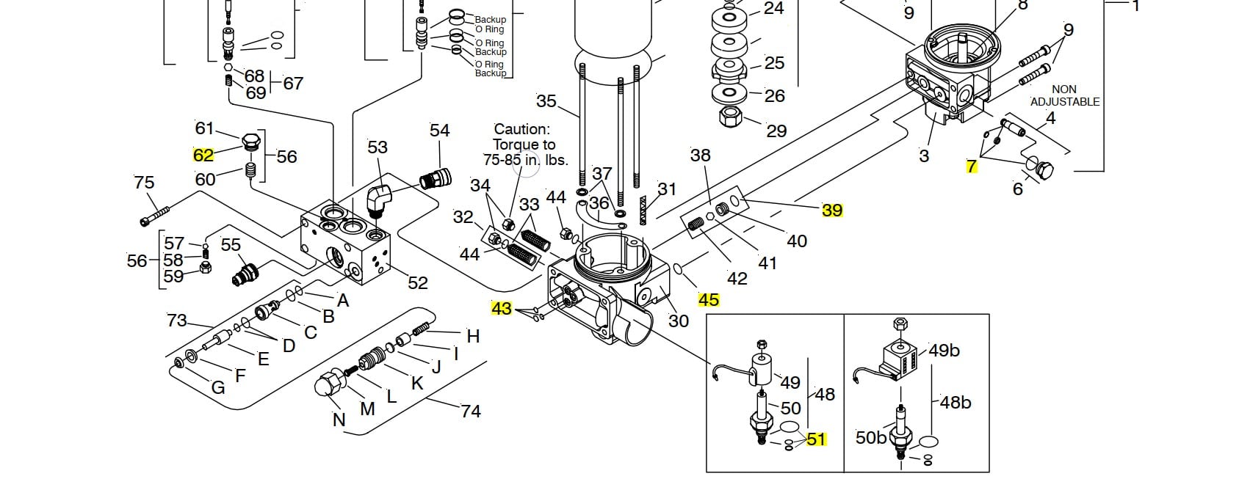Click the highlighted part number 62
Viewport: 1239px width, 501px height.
pos(203,156)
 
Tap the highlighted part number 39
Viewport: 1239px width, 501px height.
pos(832,210)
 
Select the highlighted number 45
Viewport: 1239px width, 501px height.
pos(709,299)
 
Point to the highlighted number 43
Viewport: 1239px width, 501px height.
pos(501,308)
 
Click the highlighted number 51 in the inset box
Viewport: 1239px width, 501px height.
pos(817,439)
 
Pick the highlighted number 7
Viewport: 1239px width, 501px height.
pos(971,167)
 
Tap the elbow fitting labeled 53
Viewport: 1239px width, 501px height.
pos(380,200)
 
